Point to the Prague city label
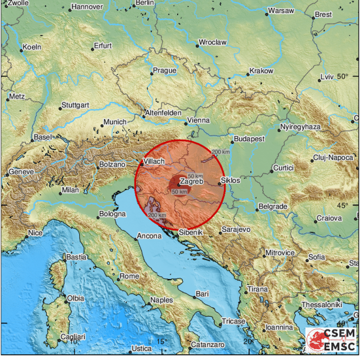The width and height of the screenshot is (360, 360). [165, 71]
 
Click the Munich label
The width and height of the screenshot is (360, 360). [115, 122]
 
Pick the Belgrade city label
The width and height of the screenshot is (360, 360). [274, 207]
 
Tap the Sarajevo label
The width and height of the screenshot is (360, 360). [236, 230]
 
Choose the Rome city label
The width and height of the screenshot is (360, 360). [129, 276]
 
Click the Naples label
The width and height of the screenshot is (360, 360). [161, 300]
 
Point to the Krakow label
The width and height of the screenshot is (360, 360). [261, 71]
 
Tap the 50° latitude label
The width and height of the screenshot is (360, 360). [343, 76]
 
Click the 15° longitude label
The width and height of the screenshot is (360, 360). [162, 341]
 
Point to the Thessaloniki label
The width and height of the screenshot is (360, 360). [322, 304]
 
